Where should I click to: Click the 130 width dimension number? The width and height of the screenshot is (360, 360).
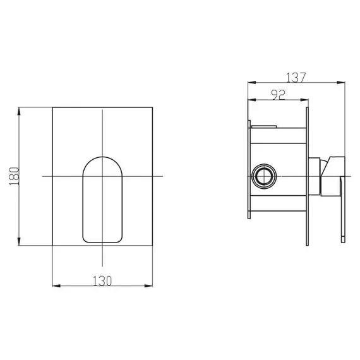tap(102, 280)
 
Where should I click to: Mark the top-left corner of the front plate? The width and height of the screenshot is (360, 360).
tap(52, 107)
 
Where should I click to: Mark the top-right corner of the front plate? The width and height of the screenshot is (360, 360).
tap(152, 107)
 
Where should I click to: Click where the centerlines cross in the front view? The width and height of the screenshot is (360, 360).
tap(102, 175)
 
